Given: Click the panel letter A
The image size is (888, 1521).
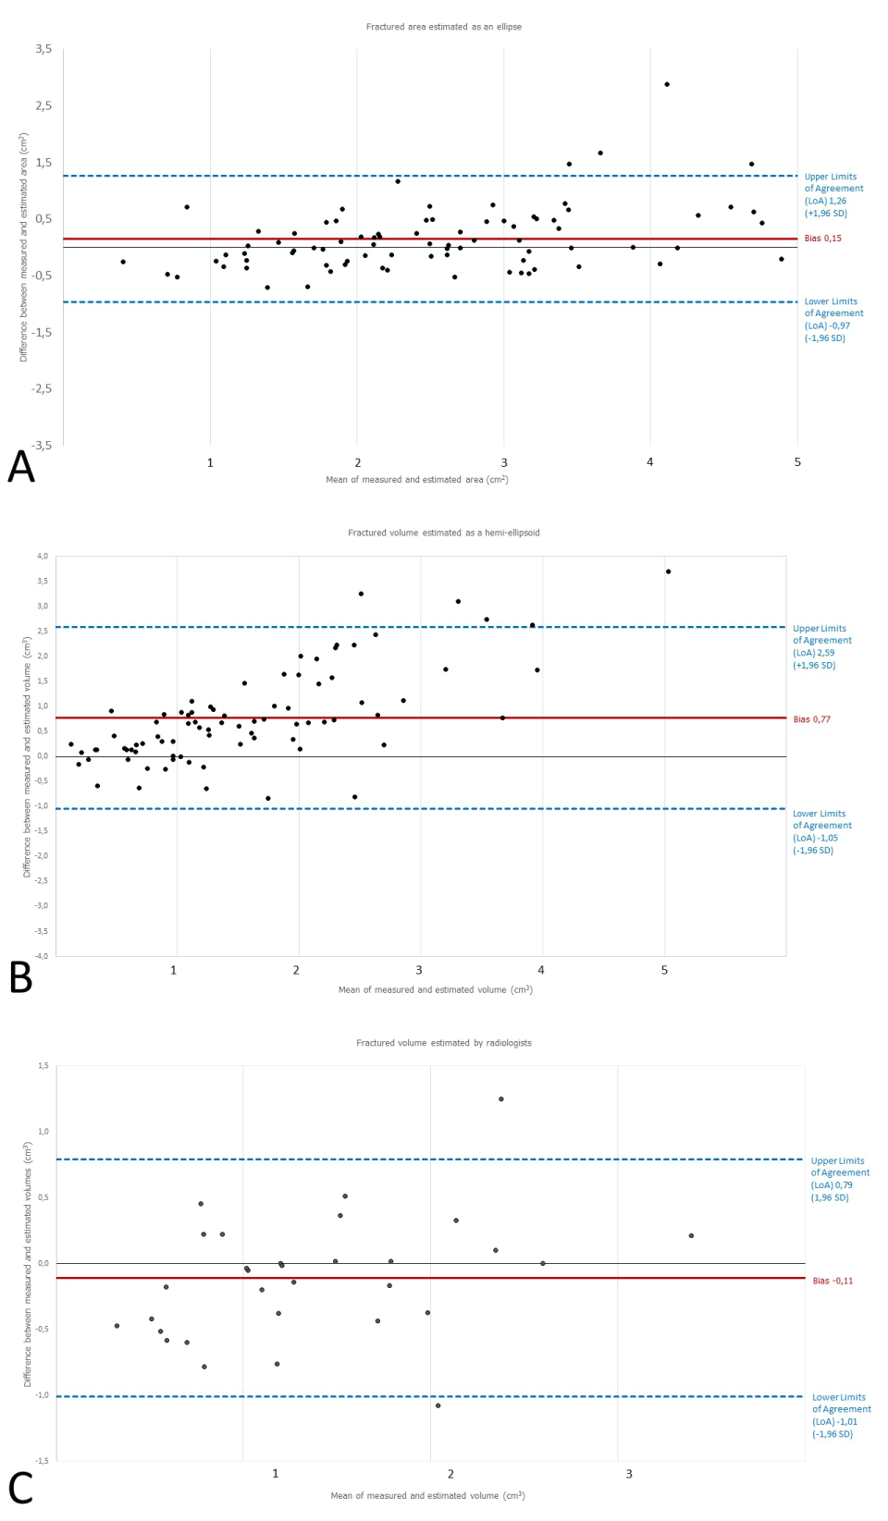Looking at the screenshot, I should [21, 467].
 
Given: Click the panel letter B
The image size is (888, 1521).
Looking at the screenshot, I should [21, 978].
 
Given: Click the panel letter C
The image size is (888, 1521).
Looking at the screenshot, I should [20, 1489].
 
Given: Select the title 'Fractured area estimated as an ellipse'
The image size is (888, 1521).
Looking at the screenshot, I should [443, 27].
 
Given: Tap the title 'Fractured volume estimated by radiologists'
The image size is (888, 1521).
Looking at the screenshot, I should [443, 1043].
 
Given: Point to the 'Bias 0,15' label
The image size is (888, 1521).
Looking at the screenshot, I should [822, 239].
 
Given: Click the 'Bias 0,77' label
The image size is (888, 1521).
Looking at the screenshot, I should [811, 719].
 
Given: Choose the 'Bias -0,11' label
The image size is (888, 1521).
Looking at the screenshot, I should [832, 1282].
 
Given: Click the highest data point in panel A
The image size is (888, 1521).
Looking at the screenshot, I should [667, 84].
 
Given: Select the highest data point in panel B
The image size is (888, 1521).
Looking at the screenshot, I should [668, 571].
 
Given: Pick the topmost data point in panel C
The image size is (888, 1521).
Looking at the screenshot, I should [501, 1099].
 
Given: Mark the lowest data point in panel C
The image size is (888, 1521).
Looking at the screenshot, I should [438, 1405].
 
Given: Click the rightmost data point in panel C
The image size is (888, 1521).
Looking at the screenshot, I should [691, 1235].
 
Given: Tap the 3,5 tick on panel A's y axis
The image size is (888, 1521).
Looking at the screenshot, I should [43, 49].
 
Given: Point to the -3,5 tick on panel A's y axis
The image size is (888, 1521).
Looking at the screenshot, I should [42, 445].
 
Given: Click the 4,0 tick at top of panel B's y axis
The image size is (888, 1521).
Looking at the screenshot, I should [43, 557].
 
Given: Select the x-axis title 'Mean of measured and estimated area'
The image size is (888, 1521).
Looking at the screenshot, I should [416, 480].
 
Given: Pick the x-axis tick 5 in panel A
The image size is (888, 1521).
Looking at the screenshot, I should [797, 462].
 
